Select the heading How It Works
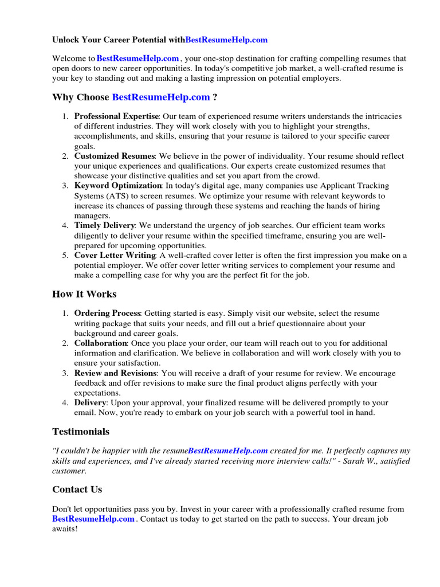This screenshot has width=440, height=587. click(84, 294)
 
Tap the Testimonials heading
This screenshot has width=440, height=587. click(81, 432)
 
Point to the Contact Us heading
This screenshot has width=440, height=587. click(77, 490)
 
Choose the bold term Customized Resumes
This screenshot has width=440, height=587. click(115, 156)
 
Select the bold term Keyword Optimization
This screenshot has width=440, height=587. click(118, 186)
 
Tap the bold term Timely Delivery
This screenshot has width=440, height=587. click(105, 225)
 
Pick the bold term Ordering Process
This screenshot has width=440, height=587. click(107, 314)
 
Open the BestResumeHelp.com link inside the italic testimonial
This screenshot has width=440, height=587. click(227, 451)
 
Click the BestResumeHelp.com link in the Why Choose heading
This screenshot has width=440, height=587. click(161, 97)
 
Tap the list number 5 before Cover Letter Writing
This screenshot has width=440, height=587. click(65, 255)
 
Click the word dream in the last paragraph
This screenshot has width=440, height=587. click(404, 519)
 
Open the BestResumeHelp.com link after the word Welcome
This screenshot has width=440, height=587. click(138, 58)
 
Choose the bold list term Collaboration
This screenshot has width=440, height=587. click(100, 343)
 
